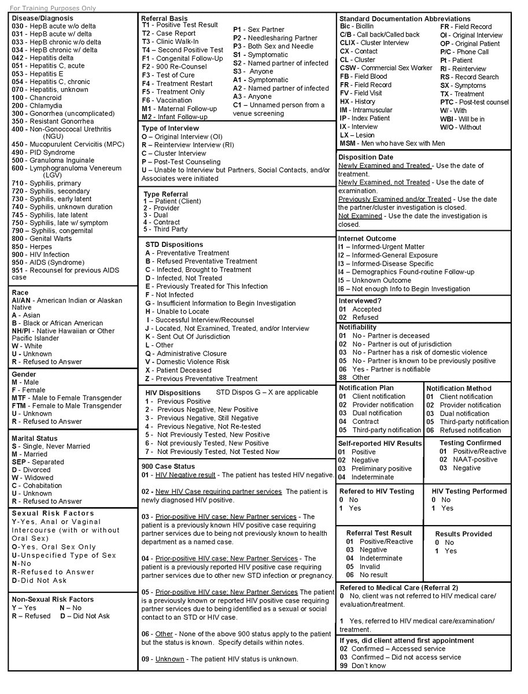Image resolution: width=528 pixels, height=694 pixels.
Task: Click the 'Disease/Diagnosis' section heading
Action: [42, 19]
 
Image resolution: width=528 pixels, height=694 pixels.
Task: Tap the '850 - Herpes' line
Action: [32, 247]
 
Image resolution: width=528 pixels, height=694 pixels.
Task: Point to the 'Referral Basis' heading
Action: [164, 19]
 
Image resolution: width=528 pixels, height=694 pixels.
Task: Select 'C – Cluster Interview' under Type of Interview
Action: [173, 154]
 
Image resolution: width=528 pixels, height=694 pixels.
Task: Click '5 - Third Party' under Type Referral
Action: [165, 229]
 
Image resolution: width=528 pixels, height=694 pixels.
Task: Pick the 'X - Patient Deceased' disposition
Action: [178, 370]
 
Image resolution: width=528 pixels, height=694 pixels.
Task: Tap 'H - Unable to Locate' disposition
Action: [177, 311]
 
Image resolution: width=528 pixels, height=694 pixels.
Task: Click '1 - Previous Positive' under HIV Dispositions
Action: [178, 401]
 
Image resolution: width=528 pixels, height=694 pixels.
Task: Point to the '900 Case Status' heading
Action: [168, 466]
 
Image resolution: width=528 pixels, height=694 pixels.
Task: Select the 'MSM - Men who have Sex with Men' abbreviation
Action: [392, 143]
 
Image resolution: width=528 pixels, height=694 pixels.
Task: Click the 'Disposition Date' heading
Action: [365, 157]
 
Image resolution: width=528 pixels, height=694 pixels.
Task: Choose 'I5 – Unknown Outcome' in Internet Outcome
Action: [374, 280]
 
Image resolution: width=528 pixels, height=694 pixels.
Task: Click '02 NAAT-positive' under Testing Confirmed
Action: [468, 460]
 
